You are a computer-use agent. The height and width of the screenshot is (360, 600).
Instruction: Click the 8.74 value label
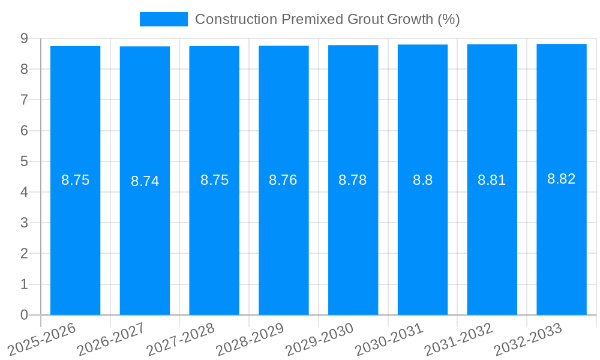click(145, 181)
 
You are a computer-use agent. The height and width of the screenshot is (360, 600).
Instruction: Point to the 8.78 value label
click(353, 180)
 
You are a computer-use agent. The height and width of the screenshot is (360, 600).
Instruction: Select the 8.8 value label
click(422, 180)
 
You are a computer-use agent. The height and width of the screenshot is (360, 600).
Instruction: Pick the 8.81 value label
click(491, 180)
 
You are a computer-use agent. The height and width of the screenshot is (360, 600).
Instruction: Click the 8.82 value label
click(561, 179)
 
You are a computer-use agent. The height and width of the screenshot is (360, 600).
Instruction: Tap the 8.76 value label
click(283, 180)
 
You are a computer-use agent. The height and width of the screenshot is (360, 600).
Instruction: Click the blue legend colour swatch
click(163, 19)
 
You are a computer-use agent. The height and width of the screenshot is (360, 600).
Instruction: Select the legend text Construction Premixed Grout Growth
click(327, 19)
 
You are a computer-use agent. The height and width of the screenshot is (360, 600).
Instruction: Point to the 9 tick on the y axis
click(24, 38)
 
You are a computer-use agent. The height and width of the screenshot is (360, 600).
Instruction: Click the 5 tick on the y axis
click(24, 161)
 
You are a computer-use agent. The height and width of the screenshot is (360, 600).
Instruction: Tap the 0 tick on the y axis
click(24, 315)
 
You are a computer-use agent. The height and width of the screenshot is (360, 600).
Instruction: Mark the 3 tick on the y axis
click(24, 223)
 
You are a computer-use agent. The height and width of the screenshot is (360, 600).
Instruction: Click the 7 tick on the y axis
click(24, 100)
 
